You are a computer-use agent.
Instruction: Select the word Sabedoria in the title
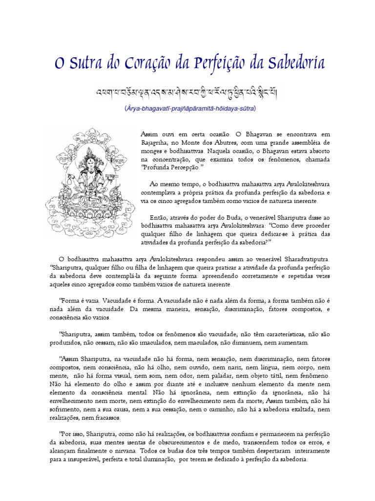coord(291,64)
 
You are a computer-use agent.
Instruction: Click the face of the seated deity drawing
coord(89,158)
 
